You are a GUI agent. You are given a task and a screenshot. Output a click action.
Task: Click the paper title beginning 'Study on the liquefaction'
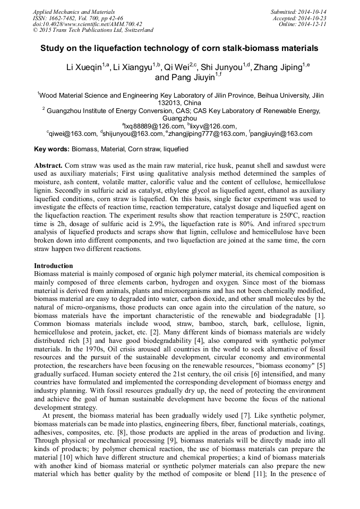179,48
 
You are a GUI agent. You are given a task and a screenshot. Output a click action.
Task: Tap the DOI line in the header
87,24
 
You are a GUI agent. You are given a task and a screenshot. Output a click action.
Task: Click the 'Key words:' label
51,150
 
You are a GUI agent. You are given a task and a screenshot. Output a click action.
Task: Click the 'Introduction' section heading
54,265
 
